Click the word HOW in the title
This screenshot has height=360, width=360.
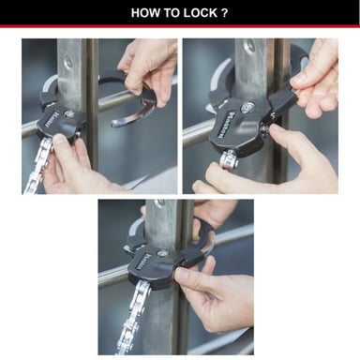click(x=148, y=14)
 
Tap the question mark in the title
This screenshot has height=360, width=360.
click(x=228, y=14)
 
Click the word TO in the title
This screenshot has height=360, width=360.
click(x=174, y=14)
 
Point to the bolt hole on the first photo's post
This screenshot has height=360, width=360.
click(x=68, y=63)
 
